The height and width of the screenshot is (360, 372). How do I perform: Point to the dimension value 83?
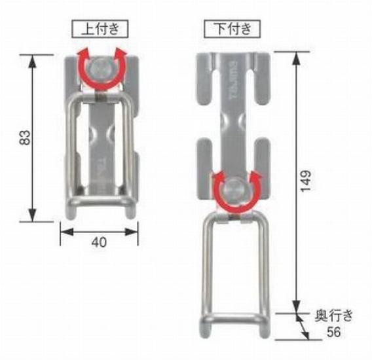[24, 138]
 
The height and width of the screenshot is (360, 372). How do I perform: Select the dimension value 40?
[98, 242]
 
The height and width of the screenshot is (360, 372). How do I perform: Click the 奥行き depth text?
[337, 316]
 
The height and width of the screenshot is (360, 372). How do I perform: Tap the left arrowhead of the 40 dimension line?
[64, 230]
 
